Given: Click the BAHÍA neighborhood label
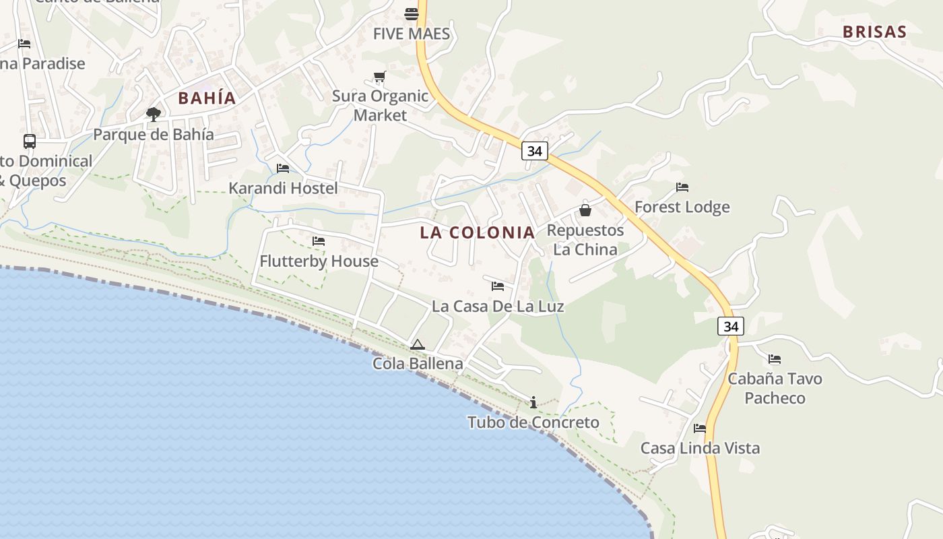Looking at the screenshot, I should [207, 98].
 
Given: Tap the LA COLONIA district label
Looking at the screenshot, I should [477, 233].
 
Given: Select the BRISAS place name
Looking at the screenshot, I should [874, 32].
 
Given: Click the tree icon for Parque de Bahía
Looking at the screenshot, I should [154, 114].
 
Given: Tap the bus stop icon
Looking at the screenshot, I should [30, 141].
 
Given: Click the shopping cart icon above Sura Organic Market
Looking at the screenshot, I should [379, 77].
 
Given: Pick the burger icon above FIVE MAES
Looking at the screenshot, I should [411, 13].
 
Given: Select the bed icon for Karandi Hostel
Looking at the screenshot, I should [283, 168].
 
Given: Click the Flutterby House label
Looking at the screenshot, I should [319, 261].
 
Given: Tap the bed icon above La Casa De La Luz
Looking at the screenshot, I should [498, 286].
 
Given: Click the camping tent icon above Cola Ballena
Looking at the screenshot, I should [418, 345].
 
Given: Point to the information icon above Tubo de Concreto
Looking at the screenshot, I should [533, 402].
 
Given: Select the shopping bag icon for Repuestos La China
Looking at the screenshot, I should [585, 210].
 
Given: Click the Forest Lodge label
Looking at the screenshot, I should [682, 207].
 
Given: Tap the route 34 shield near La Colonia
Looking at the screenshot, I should [534, 151].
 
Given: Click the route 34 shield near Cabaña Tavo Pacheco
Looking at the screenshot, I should [731, 327].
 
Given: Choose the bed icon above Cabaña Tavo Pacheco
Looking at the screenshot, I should [775, 359].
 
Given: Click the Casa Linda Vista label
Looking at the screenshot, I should [700, 448].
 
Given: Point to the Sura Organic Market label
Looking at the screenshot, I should [380, 106].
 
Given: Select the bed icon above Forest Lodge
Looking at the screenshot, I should [682, 187].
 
